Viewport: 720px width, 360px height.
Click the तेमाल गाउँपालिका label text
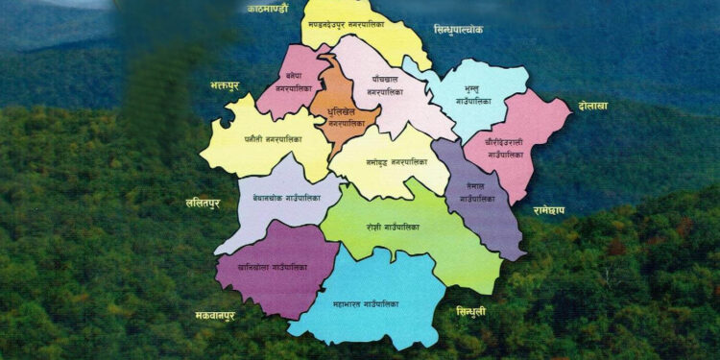point(477,192)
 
